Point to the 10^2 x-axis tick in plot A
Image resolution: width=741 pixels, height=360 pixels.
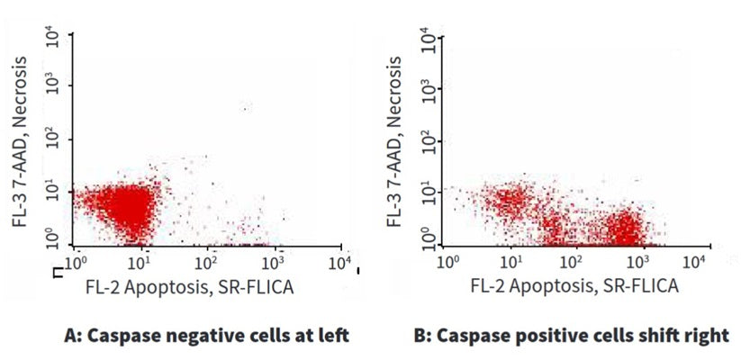206,263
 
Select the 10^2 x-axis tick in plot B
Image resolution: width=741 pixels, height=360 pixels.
570,262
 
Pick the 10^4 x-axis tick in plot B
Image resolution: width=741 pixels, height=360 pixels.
693,262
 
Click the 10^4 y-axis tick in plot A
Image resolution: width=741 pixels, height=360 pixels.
55,38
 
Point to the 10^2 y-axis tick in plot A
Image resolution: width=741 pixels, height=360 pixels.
55,139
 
